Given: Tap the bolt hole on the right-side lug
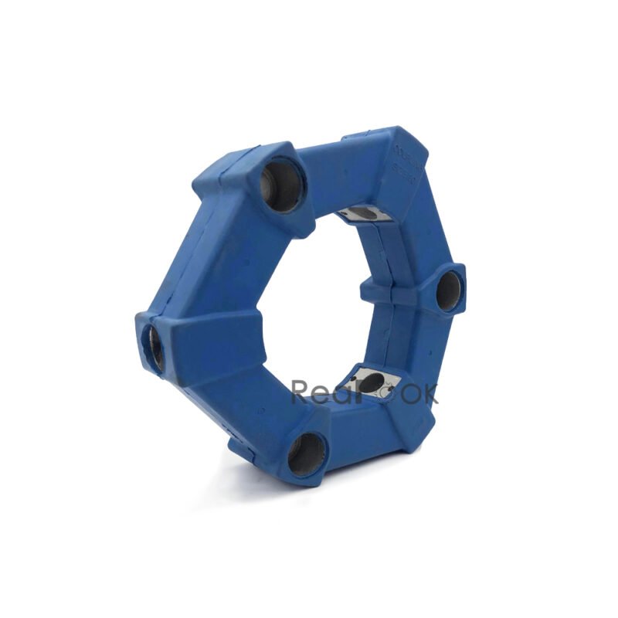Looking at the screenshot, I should (448, 292).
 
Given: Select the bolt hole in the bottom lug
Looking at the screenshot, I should (306, 453).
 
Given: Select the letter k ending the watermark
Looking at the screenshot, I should (428, 392).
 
